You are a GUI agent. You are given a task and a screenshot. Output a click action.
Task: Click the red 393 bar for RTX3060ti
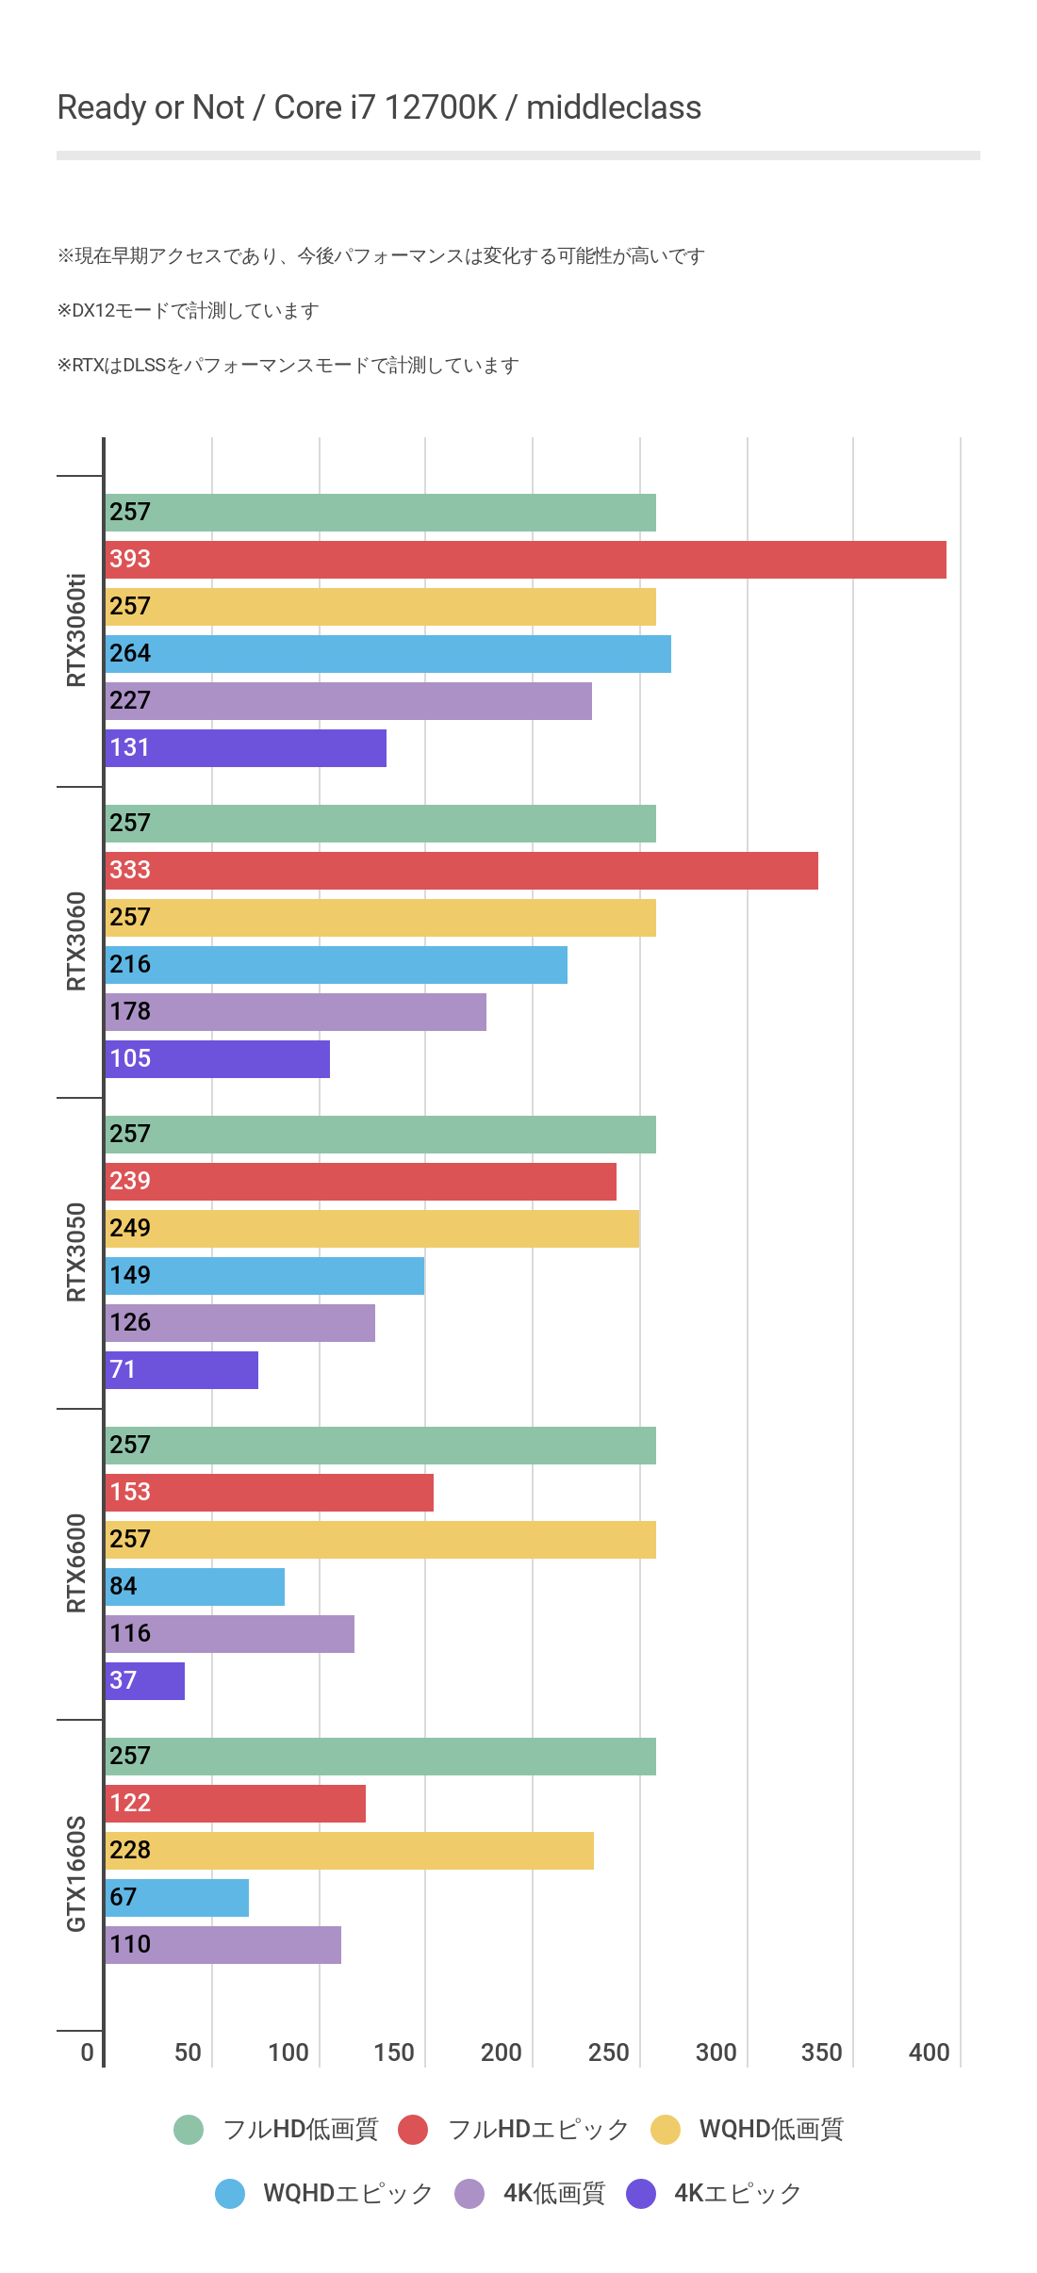pyautogui.click(x=525, y=560)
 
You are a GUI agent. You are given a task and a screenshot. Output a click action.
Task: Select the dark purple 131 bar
pyautogui.click(x=245, y=748)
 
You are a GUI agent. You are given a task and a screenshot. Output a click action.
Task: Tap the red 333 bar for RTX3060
pyautogui.click(x=461, y=871)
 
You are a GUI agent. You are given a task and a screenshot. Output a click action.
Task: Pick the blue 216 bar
pyautogui.click(x=336, y=965)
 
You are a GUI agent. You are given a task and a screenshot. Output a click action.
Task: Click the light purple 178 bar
pyautogui.click(x=295, y=1012)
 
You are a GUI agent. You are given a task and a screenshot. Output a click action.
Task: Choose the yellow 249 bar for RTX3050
pyautogui.click(x=371, y=1229)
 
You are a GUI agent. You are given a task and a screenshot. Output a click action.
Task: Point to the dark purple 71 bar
pyautogui.click(x=181, y=1370)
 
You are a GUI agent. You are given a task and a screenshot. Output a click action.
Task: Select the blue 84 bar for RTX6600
pyautogui.click(x=194, y=1587)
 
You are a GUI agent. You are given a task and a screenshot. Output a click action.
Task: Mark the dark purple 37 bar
pyautogui.click(x=144, y=1681)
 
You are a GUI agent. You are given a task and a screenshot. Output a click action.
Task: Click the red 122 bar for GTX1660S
pyautogui.click(x=235, y=1804)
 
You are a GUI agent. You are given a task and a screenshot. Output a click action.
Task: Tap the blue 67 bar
pyautogui.click(x=176, y=1898)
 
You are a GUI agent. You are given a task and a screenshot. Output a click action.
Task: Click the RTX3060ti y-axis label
pyautogui.click(x=76, y=630)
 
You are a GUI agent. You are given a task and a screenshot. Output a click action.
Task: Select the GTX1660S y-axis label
pyautogui.click(x=76, y=1874)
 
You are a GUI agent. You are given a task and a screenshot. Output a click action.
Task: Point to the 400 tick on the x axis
pyautogui.click(x=929, y=2052)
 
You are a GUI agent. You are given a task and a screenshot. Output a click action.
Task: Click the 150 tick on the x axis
pyautogui.click(x=393, y=2052)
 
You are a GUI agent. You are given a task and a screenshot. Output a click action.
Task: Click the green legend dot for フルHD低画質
pyautogui.click(x=189, y=2130)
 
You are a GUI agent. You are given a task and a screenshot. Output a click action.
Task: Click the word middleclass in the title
pyautogui.click(x=613, y=108)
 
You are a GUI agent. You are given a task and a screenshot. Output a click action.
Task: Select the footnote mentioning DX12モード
pyautogui.click(x=188, y=311)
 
